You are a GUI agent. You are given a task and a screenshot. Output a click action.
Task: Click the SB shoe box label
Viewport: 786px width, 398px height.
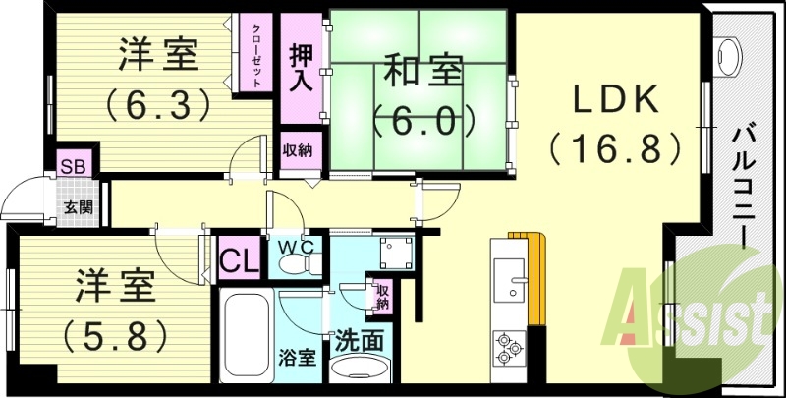[71, 165]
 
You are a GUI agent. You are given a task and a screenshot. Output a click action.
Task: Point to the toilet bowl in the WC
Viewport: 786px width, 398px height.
[294, 265]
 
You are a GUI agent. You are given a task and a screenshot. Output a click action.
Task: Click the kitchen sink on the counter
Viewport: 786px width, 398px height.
[511, 280]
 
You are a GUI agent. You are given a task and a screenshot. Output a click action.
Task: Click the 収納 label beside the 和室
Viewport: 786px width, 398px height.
[299, 150]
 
